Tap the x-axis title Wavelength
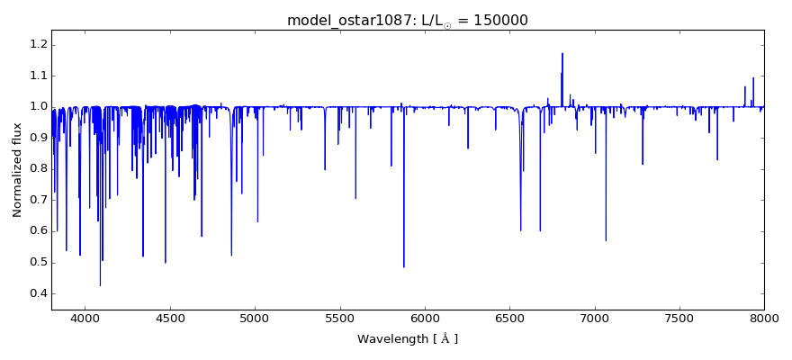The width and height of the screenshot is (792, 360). (408, 339)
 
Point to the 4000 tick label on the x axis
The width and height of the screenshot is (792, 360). (85, 318)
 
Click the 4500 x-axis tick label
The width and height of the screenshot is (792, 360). (170, 318)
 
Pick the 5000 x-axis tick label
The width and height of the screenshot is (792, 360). (255, 318)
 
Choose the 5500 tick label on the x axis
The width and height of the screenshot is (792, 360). (339, 318)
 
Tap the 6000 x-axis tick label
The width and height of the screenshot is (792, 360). (425, 318)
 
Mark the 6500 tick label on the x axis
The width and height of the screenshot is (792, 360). (509, 318)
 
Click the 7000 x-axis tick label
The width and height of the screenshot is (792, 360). (595, 318)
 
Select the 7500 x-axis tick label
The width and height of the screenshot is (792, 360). (679, 318)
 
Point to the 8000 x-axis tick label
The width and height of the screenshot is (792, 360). (763, 318)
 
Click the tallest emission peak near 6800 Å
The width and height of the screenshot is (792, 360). (562, 53)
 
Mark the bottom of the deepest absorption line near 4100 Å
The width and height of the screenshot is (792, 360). (100, 285)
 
